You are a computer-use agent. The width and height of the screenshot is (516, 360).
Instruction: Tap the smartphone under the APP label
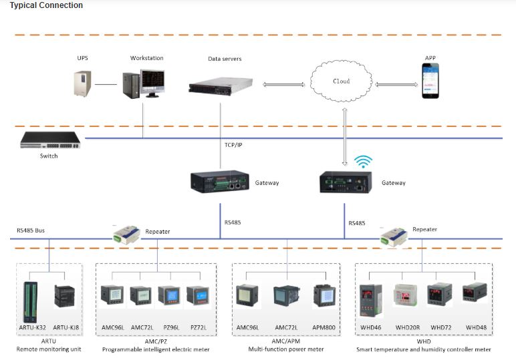430,81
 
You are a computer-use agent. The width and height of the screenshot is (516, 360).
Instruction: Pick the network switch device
49,140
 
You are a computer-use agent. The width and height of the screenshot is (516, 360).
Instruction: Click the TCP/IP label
234,144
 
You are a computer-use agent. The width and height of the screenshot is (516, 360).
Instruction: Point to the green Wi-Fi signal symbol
363,162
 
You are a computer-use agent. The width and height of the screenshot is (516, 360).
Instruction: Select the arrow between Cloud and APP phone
396,84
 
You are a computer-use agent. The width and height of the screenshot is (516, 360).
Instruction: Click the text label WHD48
477,328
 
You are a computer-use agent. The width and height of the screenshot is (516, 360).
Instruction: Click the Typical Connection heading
46,5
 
